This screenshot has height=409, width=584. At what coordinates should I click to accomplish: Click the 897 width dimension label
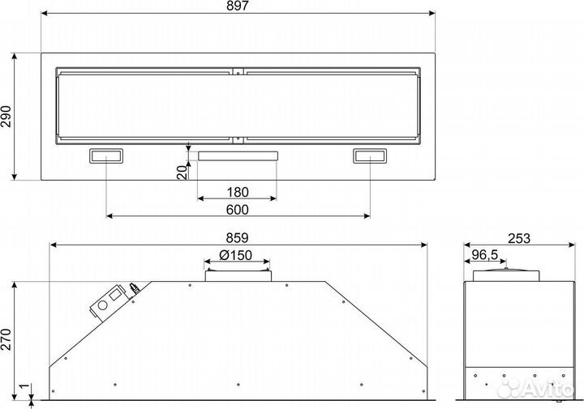tap(238, 6)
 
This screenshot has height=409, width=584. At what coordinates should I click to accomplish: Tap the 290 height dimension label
tap(6, 117)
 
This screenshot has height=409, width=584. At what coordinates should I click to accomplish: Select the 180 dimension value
tap(238, 192)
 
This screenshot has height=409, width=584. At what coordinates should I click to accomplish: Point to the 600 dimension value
tap(238, 210)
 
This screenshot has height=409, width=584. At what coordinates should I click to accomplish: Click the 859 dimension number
tap(238, 237)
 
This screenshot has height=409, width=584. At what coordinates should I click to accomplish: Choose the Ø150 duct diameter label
tap(235, 255)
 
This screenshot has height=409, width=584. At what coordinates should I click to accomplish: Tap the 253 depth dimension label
tap(519, 238)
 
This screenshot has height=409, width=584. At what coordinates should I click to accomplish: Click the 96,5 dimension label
tap(485, 255)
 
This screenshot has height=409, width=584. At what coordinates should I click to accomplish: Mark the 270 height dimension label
tap(6, 339)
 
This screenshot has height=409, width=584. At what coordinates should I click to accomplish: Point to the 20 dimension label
tap(182, 173)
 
